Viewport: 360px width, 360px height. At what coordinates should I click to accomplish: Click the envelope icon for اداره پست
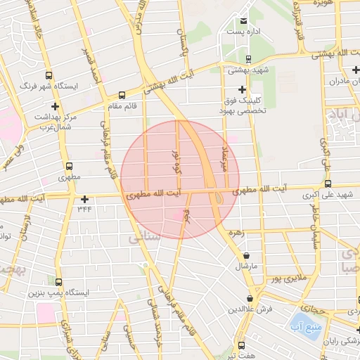[x=243, y=21]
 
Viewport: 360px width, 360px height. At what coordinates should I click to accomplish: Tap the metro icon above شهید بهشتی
[x=249, y=59]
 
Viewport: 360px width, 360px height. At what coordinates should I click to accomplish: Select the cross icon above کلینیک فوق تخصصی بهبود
[x=243, y=89]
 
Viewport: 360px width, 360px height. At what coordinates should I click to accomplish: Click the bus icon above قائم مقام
[x=122, y=94]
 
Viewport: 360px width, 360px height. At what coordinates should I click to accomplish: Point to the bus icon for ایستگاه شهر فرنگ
[x=49, y=75]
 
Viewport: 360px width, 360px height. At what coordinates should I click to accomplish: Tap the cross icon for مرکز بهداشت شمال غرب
[x=55, y=106]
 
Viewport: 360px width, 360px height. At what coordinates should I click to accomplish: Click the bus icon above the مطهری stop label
[x=69, y=167]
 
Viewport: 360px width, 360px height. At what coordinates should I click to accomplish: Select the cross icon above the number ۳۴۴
[x=85, y=199]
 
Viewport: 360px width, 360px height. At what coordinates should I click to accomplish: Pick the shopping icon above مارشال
[x=246, y=257]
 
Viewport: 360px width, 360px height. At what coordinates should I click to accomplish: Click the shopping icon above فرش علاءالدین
[x=250, y=299]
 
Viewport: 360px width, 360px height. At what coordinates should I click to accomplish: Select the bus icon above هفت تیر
[x=242, y=345]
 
